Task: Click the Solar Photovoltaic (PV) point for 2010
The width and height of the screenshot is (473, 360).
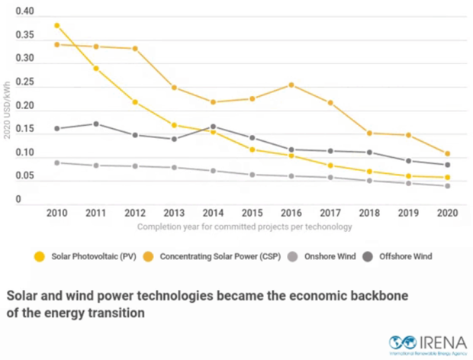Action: (x=56, y=25)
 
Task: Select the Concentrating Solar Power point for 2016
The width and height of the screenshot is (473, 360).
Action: (x=291, y=85)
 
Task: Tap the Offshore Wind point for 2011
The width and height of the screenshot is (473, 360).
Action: (x=95, y=124)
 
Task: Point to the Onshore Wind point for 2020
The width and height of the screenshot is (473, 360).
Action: (x=447, y=186)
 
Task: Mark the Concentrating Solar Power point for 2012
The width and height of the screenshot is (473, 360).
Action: (x=135, y=49)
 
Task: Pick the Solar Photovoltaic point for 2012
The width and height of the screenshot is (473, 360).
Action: (x=135, y=102)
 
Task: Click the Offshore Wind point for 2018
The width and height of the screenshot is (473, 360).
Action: (x=369, y=153)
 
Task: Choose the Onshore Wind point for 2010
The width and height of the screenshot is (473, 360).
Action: (x=56, y=162)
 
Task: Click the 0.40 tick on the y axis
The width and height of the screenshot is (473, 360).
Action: (x=25, y=13)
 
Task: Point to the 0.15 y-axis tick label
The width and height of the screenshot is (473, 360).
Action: (x=25, y=130)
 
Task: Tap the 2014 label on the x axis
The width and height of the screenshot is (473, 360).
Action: (x=212, y=213)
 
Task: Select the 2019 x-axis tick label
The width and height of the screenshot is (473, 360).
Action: (x=408, y=213)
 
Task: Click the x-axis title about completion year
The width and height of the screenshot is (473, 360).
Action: (x=244, y=227)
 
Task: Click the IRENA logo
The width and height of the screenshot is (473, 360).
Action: (x=427, y=343)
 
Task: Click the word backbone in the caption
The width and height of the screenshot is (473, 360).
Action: (x=380, y=294)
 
